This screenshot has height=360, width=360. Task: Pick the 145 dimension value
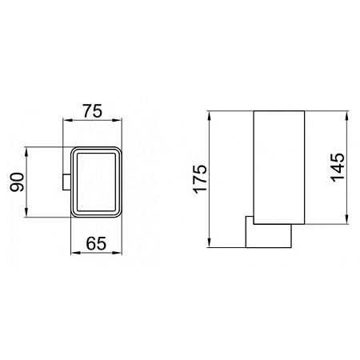pyautogui.click(x=337, y=168)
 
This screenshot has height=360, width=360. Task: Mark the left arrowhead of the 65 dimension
pyautogui.click(x=75, y=252)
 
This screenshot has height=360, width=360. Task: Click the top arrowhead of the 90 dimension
pyautogui.click(x=27, y=150)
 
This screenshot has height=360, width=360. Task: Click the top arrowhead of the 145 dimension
pyautogui.click(x=347, y=112)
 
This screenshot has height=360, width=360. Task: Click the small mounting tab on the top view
pyautogui.click(x=66, y=182)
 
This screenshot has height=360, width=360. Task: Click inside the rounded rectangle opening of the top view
pyautogui.click(x=96, y=182)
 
